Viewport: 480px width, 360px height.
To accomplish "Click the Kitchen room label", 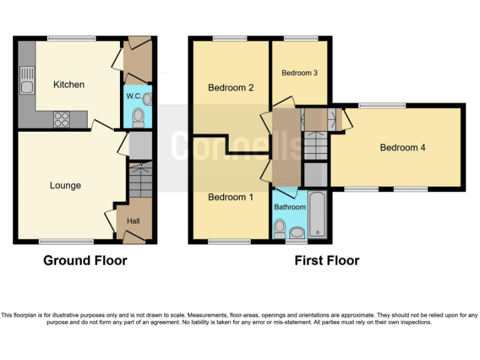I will point(69,84).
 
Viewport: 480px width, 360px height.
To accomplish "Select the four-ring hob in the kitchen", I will point(61,119).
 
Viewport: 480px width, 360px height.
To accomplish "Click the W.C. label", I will point(133,96).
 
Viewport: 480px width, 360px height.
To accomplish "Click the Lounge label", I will point(66,186).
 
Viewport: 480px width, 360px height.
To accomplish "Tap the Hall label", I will point(134,221).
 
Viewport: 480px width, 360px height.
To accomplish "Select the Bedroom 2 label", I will point(231,87).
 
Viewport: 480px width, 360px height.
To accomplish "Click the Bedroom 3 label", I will point(299,73).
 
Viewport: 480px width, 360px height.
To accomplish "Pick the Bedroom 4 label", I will point(402,148).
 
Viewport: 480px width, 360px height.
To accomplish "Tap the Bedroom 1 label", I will point(231,197).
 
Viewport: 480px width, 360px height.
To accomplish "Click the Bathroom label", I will point(289,207).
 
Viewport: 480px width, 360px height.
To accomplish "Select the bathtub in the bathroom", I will point(317,216).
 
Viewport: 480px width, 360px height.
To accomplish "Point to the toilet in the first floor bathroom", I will point(280,226).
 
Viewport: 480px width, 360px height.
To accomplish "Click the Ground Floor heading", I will point(85,261).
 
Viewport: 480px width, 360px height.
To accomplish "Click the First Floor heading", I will point(327,261).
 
